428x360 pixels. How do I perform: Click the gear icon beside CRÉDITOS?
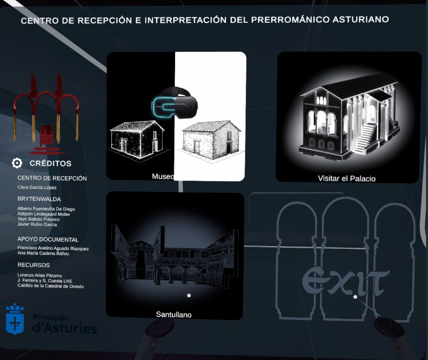17,163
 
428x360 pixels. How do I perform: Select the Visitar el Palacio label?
347,179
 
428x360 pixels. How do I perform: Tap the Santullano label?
174,314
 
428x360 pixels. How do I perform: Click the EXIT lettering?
346,281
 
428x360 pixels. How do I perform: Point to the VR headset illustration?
175,103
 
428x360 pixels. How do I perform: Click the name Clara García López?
37,187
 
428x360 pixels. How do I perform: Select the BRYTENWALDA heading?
39,199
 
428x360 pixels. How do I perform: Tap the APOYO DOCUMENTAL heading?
48,239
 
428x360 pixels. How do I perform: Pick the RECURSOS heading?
34,265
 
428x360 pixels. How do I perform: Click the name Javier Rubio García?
37,224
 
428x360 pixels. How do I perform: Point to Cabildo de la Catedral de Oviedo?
50,286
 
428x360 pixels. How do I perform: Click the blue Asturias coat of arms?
15,319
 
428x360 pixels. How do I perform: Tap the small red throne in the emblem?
46,135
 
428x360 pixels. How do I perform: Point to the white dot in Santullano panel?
189,295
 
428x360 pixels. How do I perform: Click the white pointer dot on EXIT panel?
355,297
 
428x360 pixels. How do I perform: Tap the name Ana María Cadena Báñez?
43,253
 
